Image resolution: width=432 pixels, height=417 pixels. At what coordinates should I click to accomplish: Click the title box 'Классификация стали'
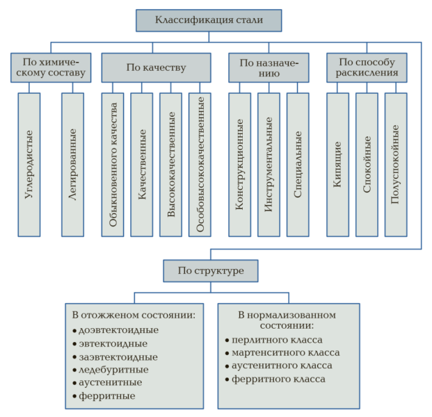coord(209,20)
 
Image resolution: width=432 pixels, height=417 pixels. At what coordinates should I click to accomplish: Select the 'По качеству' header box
coord(156,68)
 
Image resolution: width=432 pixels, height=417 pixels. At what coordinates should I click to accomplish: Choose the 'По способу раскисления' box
coord(366,68)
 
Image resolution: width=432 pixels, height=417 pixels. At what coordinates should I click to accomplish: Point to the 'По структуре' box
coord(211,270)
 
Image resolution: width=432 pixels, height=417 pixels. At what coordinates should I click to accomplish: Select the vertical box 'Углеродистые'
coord(29,164)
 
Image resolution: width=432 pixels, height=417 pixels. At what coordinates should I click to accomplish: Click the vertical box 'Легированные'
coord(73,164)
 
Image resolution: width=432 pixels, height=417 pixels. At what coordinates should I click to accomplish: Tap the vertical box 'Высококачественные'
coord(170,164)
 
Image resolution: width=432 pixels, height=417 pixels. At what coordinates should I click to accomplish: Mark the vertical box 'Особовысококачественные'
coord(200,164)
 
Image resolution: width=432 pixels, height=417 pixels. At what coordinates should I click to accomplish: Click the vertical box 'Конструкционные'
coord(239,164)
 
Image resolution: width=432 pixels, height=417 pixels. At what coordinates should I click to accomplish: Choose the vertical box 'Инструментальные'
coord(269,164)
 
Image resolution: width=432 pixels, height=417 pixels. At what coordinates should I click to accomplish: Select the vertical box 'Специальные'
coord(298,164)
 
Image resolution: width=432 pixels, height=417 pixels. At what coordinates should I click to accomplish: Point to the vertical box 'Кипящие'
coord(337,164)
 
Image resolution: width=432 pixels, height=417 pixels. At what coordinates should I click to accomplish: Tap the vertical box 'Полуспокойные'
coord(396,164)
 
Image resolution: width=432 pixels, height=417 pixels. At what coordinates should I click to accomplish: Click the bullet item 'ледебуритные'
coord(113,370)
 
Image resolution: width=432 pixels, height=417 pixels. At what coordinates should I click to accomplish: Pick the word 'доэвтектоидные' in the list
coord(119,330)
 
